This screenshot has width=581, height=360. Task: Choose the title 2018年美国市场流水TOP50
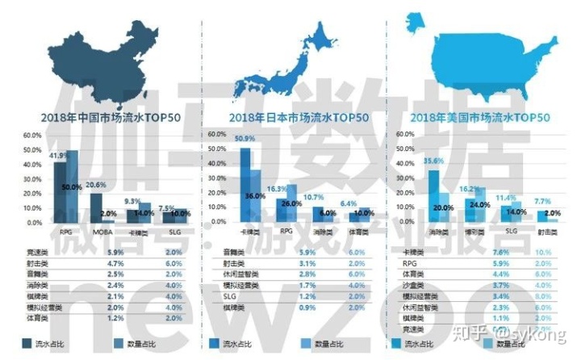483,119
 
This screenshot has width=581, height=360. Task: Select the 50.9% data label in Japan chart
244,140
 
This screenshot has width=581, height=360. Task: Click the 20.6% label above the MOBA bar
97,186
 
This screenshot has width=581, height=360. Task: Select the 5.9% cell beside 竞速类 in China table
115,253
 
